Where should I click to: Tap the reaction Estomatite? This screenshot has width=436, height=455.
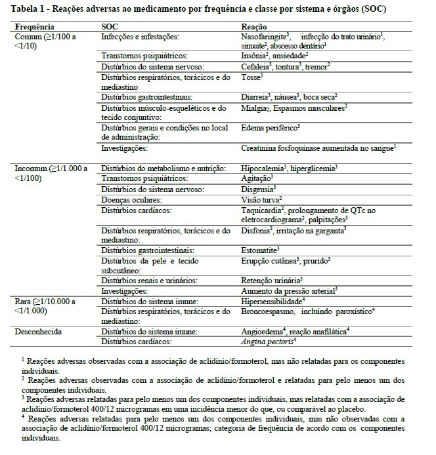pyautogui.click(x=259, y=250)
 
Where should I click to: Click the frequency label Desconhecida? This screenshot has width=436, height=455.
pyautogui.click(x=39, y=332)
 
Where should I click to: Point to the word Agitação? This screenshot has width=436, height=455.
pyautogui.click(x=255, y=178)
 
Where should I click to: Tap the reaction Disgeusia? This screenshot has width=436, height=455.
pyautogui.click(x=257, y=189)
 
